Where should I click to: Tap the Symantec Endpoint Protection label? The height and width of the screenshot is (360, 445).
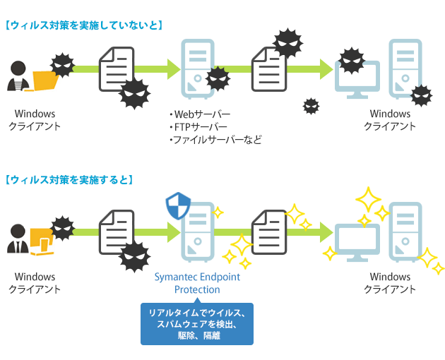197,283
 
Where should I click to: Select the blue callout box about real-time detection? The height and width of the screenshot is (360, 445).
196,324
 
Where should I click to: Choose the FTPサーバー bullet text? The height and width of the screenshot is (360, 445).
198,127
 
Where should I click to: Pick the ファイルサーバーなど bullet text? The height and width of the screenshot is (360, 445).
215,140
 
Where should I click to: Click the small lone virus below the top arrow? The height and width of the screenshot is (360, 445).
311,106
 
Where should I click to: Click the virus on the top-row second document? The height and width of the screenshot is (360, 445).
286,44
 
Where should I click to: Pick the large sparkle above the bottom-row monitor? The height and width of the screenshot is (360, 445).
368,199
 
